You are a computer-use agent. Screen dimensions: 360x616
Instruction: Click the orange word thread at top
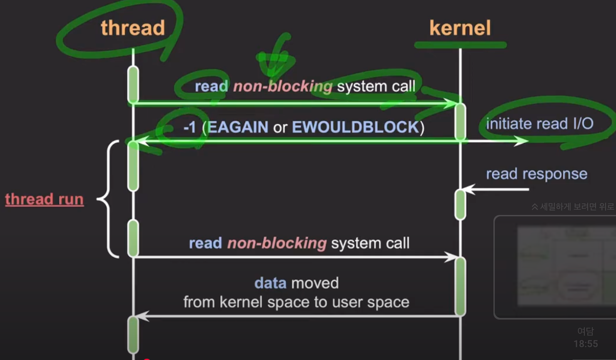click(133, 28)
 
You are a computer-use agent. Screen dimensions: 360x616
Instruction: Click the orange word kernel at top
click(460, 28)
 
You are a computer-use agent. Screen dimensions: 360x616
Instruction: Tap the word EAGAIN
click(238, 127)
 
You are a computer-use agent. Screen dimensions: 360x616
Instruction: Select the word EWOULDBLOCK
click(355, 127)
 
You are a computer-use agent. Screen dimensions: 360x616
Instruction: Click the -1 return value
click(190, 127)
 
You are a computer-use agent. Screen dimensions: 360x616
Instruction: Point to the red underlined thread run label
click(44, 199)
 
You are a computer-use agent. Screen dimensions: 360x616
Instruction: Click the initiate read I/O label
click(539, 124)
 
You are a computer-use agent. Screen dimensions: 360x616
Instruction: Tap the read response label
click(536, 174)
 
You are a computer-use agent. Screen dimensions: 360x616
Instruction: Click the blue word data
click(270, 283)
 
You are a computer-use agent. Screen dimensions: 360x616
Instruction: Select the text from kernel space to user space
click(296, 302)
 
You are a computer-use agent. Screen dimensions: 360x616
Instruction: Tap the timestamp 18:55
click(586, 344)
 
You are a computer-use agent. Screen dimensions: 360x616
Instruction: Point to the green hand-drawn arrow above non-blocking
click(276, 58)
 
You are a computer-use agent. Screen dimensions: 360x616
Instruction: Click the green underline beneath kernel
click(460, 45)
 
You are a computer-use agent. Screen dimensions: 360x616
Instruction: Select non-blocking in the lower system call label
click(277, 243)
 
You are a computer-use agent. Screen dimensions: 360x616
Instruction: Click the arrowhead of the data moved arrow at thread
click(142, 316)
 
